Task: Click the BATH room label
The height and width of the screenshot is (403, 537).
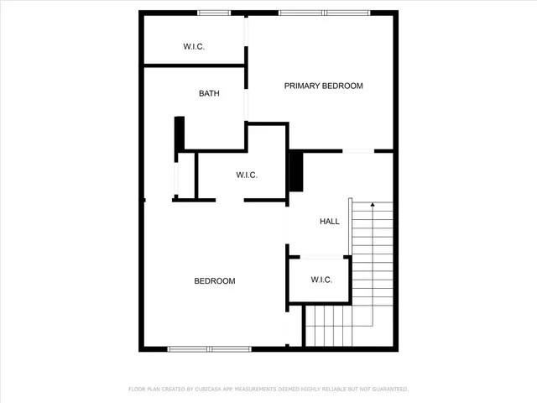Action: pyautogui.click(x=209, y=93)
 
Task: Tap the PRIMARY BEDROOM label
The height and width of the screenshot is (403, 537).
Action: pyautogui.click(x=323, y=86)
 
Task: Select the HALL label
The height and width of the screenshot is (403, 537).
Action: pyautogui.click(x=330, y=222)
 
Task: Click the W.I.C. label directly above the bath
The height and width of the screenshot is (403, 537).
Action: pyautogui.click(x=194, y=46)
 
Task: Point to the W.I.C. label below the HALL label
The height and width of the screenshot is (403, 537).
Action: pyautogui.click(x=321, y=280)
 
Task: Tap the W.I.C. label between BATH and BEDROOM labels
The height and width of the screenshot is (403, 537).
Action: pyautogui.click(x=246, y=175)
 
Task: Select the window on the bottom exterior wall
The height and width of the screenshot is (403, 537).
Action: pyautogui.click(x=208, y=348)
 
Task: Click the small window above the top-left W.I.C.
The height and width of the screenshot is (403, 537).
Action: pyautogui.click(x=214, y=13)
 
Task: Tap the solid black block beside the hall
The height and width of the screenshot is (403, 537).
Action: pyautogui.click(x=295, y=171)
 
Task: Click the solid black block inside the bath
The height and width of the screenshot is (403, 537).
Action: pyautogui.click(x=179, y=134)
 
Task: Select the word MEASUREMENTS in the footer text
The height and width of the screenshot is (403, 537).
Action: pyautogui.click(x=263, y=390)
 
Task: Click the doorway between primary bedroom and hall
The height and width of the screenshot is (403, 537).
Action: pyautogui.click(x=358, y=151)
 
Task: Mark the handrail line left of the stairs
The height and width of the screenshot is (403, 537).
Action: pyautogui.click(x=350, y=227)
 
